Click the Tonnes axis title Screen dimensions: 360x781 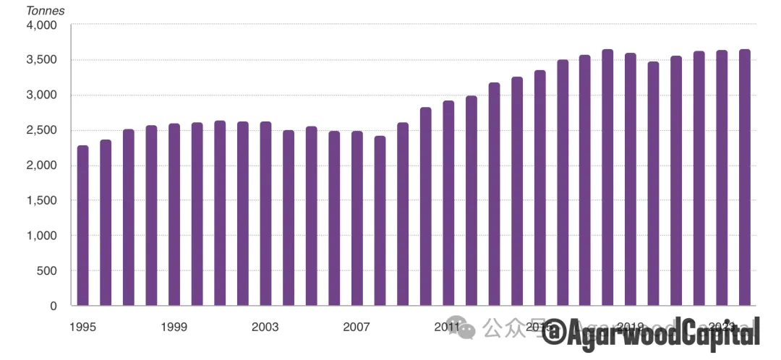tap(45, 11)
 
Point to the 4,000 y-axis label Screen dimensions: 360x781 tap(42, 25)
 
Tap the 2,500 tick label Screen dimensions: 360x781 tap(42, 131)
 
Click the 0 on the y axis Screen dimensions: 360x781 tap(54, 306)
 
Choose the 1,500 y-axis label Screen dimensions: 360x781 tap(42, 201)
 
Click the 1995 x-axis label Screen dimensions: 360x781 tap(82, 327)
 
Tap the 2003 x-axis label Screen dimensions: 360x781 tap(265, 327)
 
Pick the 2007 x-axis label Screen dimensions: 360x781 tap(357, 327)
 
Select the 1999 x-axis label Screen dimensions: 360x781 tap(174, 327)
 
